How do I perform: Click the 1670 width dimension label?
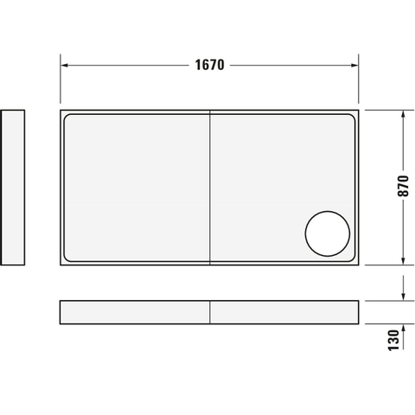click(x=209, y=65)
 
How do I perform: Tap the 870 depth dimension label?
click(x=403, y=186)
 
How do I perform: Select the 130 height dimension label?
click(x=393, y=341)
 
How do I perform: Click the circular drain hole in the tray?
click(x=328, y=233)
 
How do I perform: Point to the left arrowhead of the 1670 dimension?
click(x=65, y=66)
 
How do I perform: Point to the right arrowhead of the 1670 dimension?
click(x=354, y=66)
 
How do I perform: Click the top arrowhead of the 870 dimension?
click(x=403, y=114)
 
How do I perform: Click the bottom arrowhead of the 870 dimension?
click(x=403, y=261)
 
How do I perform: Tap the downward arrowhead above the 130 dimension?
click(x=403, y=297)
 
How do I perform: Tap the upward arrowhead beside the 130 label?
click(x=403, y=328)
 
